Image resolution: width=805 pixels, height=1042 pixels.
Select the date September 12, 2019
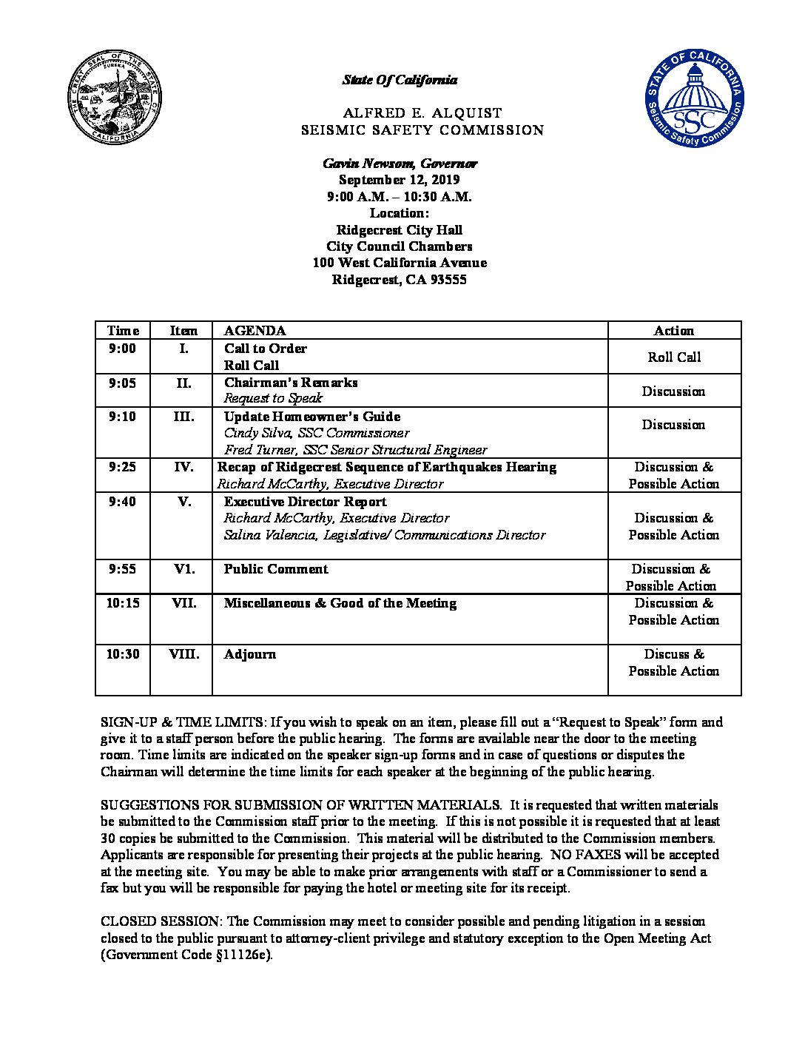[x=399, y=180]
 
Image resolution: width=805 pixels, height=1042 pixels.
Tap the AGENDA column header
[x=255, y=331]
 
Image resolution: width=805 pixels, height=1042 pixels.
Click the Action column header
[x=673, y=331]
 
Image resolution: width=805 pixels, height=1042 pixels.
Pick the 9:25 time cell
[x=122, y=467]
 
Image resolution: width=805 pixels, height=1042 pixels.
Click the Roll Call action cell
[x=674, y=357]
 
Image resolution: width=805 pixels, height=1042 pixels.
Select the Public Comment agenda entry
[x=276, y=569]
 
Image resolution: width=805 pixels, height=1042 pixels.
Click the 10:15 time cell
[x=122, y=603]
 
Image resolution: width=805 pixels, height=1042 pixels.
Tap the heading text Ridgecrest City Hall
[x=399, y=230]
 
